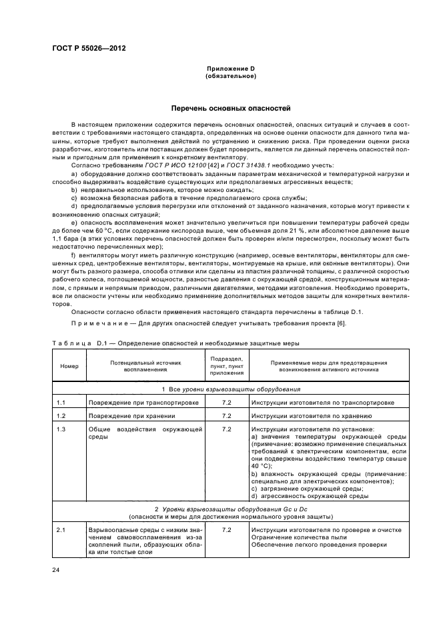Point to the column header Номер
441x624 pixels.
tap(69, 367)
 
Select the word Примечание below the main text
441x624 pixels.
tap(96, 324)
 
